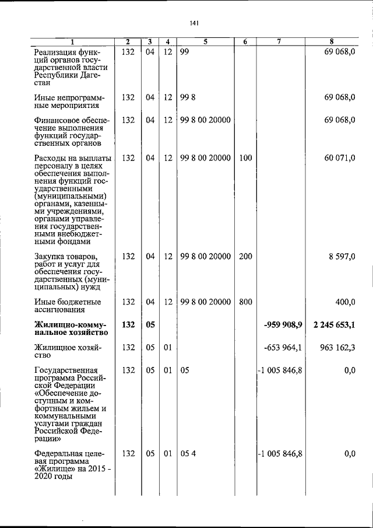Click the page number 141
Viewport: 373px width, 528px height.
click(x=195, y=23)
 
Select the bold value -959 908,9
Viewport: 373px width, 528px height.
click(x=283, y=324)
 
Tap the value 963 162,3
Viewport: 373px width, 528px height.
click(x=337, y=347)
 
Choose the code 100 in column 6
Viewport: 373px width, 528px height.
click(x=245, y=158)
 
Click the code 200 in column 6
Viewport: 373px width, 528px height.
click(x=245, y=256)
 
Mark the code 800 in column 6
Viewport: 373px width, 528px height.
click(x=245, y=302)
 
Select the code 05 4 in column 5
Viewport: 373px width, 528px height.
click(x=188, y=453)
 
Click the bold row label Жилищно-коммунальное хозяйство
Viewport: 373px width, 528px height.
click(x=71, y=328)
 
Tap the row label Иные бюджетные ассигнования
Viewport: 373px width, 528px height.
click(x=68, y=306)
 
